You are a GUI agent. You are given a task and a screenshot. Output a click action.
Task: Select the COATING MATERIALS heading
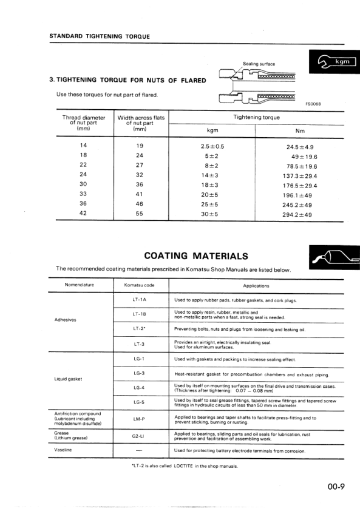[195, 256]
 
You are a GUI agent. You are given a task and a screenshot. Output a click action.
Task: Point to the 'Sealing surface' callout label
[259, 64]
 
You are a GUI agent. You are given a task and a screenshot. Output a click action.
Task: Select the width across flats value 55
[139, 214]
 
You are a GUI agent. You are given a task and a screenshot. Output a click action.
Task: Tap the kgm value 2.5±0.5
[212, 147]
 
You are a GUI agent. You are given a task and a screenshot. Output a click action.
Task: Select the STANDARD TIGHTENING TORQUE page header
[99, 36]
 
